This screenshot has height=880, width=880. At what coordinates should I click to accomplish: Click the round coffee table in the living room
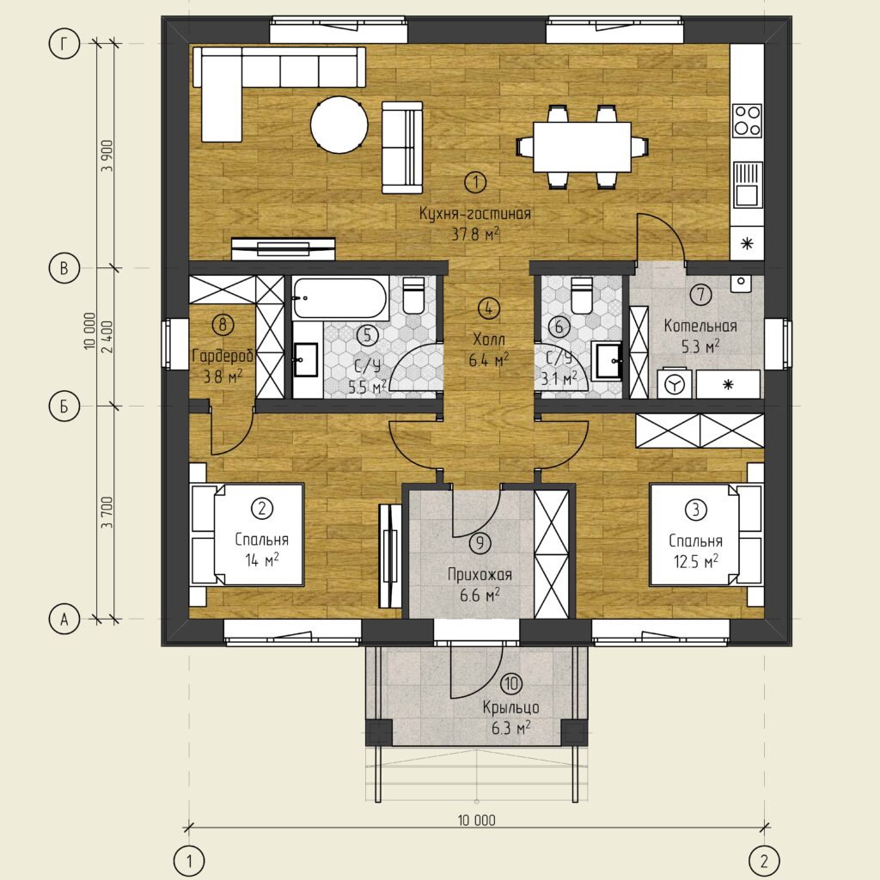pos(339,125)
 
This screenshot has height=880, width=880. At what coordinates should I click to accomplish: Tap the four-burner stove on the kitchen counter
pos(747,120)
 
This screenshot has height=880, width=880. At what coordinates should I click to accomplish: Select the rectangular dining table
pos(582,147)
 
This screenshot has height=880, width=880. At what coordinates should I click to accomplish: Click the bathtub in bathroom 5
pos(340,298)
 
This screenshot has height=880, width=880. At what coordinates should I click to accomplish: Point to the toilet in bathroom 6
pos(581,296)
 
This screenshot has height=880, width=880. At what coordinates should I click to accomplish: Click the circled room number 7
pos(701,294)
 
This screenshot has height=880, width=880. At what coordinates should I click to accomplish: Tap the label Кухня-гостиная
pos(475,214)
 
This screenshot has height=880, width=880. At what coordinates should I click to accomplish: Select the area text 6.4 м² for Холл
pos(488,360)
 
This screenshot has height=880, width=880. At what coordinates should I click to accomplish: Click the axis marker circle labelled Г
pos(64,44)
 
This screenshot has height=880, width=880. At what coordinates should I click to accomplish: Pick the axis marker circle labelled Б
pos(64,406)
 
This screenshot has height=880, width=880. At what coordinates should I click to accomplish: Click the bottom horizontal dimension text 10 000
pos(476,821)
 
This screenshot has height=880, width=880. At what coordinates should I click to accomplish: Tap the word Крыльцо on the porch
pos(510,708)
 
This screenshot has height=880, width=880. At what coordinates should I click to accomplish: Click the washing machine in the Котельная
pos(675,384)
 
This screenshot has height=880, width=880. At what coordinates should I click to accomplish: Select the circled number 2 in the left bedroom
pos(262,509)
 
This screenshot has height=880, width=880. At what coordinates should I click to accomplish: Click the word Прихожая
pos(480,575)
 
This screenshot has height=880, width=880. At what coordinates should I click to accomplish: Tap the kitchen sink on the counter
pos(747,185)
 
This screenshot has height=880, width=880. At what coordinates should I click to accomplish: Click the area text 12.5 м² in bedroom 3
pos(696,561)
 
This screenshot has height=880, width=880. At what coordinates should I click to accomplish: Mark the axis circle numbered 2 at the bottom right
pos(764,860)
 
